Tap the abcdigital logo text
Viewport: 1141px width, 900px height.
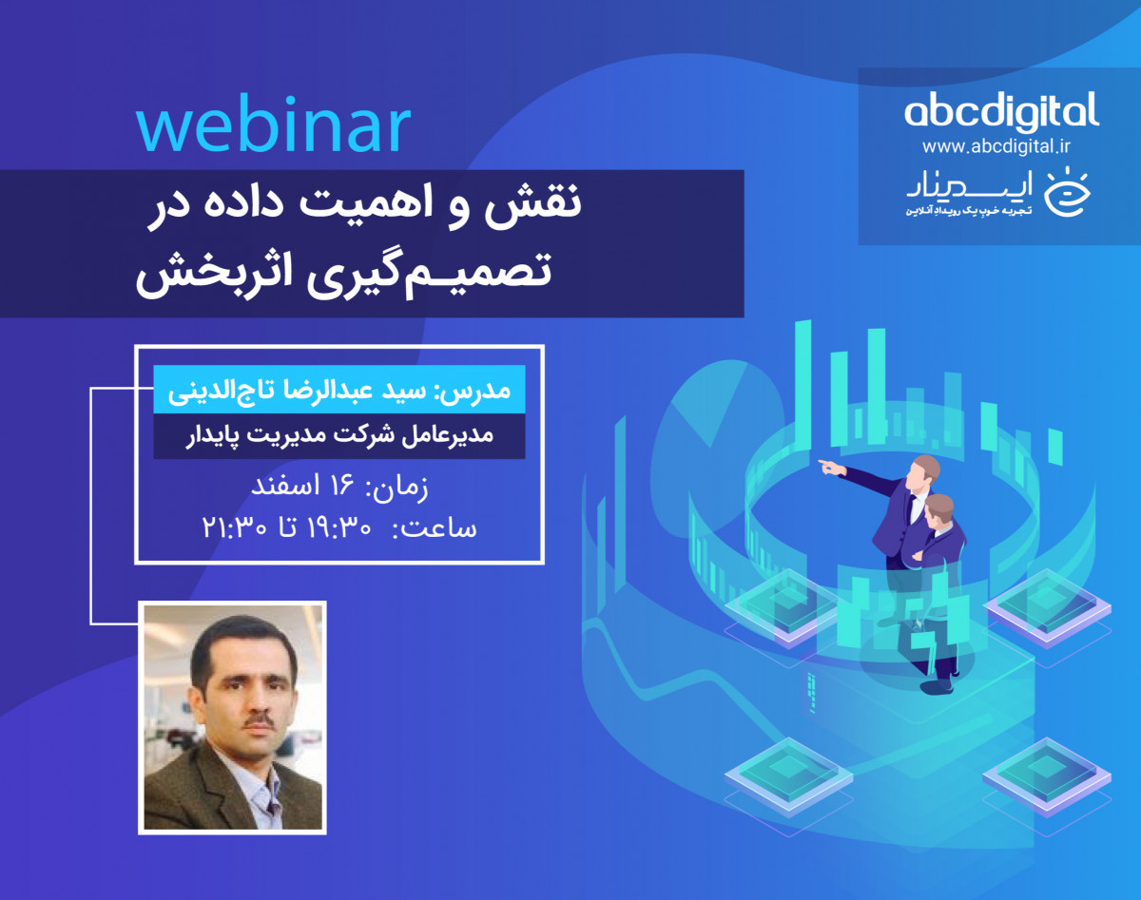(1000, 112)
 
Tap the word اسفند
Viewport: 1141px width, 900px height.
(284, 488)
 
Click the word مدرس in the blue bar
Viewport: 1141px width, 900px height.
(493, 391)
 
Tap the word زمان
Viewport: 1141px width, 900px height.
(399, 488)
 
